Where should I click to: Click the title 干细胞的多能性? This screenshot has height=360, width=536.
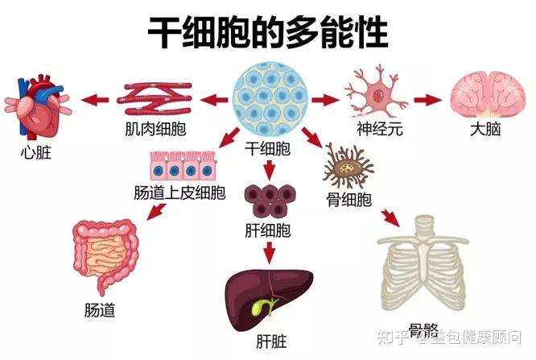pyautogui.click(x=268, y=33)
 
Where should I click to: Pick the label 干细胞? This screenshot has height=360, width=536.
pyautogui.click(x=267, y=148)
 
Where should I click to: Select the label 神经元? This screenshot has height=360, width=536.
pyautogui.click(x=379, y=130)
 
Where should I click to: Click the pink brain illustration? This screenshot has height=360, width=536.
pyautogui.click(x=484, y=97)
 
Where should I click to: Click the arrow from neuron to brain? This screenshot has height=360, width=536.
pyautogui.click(x=427, y=100)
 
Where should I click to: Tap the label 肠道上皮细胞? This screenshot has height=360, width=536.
pyautogui.click(x=179, y=193)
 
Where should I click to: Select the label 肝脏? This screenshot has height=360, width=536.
pyautogui.click(x=268, y=342)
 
